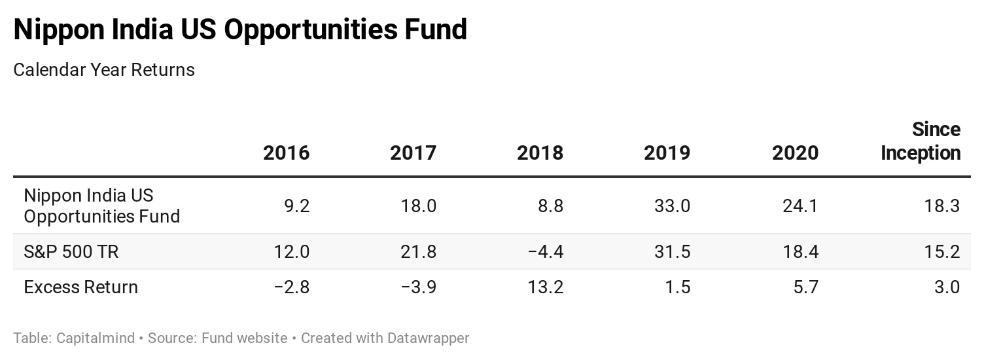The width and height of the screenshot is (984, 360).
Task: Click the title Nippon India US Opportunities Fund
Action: click(240, 30)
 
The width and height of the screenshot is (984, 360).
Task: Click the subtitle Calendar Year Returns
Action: click(104, 69)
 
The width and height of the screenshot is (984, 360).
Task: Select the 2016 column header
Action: click(286, 153)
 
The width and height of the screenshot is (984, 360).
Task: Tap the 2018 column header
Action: click(540, 153)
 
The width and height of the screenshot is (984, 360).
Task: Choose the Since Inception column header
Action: click(921, 141)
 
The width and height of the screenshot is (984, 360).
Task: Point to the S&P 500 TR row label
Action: click(71, 251)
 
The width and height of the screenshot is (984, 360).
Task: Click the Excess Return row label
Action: click(80, 287)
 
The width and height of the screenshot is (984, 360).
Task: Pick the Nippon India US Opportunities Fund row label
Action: click(101, 206)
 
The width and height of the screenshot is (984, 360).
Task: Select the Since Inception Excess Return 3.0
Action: click(946, 287)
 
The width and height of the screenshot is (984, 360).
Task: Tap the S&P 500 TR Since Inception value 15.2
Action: click(942, 251)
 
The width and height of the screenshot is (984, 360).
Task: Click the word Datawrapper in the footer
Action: click(428, 338)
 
